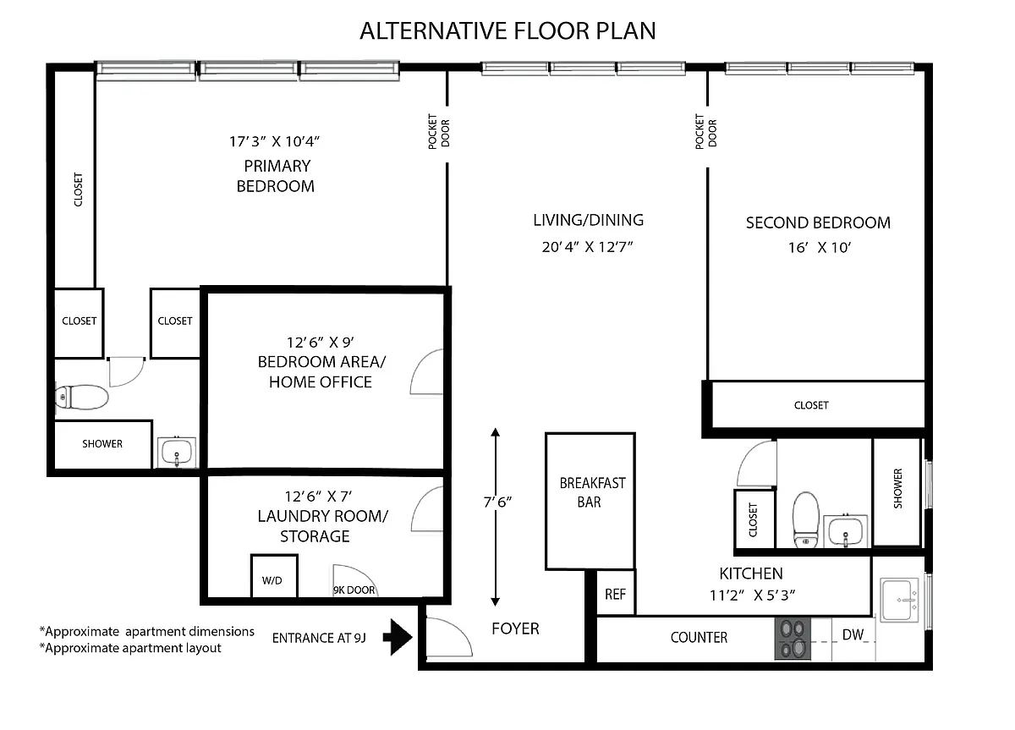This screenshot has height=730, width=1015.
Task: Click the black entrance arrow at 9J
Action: [398, 637]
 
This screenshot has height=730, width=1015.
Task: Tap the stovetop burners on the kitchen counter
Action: [793, 639]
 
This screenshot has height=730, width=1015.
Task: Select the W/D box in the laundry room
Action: [274, 576]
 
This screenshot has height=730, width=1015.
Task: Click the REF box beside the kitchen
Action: [616, 594]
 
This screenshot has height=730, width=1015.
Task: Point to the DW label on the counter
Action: [853, 634]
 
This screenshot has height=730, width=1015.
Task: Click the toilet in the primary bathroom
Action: [81, 398]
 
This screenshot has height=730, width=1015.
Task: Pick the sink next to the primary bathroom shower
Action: [177, 453]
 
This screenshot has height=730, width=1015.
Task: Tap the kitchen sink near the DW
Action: [900, 599]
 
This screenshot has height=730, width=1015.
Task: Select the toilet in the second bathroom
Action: [805, 519]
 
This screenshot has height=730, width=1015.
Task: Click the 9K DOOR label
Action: [354, 590]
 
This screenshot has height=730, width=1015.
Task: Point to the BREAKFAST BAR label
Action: [592, 492]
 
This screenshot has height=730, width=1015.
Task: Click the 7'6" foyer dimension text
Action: [497, 502]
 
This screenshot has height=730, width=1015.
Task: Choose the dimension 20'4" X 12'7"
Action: [587, 247]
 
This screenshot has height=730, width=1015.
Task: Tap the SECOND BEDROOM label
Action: [818, 222]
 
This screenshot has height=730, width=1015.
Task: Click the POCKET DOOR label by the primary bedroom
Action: [439, 131]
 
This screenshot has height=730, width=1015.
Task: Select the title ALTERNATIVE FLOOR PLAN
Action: [507, 30]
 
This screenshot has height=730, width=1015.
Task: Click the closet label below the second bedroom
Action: [811, 405]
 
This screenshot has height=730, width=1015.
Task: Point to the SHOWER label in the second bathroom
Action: [897, 488]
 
